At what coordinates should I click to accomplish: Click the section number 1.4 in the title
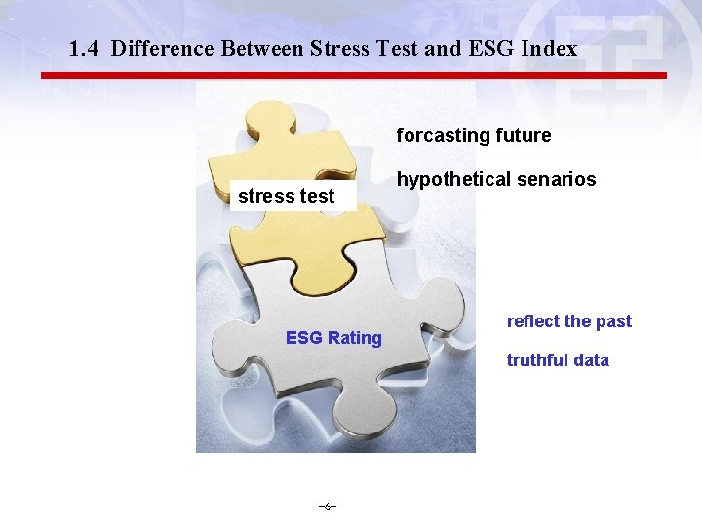point(85,48)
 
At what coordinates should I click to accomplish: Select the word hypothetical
point(449,180)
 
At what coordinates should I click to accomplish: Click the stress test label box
point(286,195)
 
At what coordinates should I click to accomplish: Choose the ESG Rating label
point(333,338)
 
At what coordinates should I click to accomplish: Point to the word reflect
point(532,321)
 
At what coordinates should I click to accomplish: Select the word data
point(591,360)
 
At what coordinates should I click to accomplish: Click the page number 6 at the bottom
point(328,507)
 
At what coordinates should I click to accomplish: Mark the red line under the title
point(353,75)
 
